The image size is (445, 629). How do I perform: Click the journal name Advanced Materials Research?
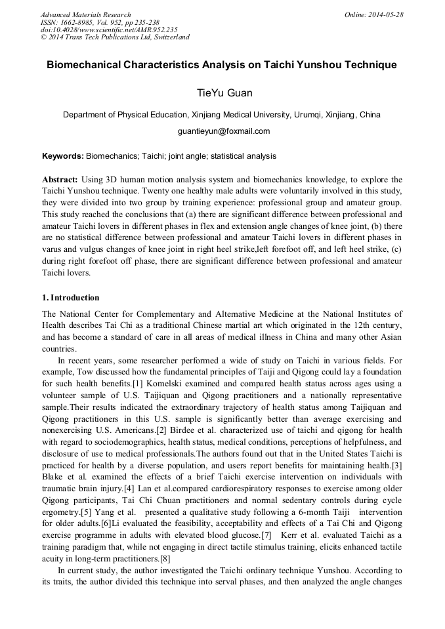[85, 14]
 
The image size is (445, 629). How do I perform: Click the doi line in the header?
[108, 30]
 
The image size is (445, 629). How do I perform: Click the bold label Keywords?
[62, 156]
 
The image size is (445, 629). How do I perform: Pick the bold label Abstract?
[60, 179]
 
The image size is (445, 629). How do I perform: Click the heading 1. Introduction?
[70, 298]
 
